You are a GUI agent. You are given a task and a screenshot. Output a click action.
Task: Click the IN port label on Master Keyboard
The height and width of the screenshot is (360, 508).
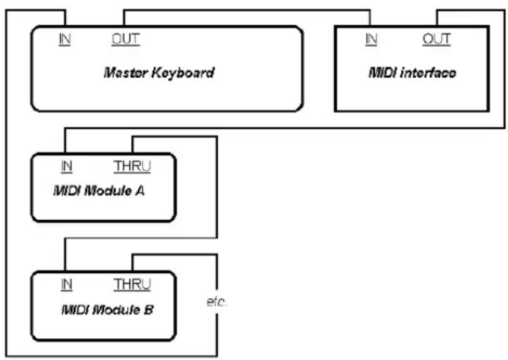[x=65, y=39]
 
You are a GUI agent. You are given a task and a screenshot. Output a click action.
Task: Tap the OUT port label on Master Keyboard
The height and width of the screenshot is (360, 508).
[x=126, y=39]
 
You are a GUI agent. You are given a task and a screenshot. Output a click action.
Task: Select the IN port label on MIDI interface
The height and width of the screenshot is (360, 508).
[x=371, y=39]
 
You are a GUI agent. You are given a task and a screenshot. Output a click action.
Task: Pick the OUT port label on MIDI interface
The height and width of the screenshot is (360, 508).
[x=436, y=39]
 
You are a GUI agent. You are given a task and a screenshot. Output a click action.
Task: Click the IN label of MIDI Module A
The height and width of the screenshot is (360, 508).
[x=67, y=166]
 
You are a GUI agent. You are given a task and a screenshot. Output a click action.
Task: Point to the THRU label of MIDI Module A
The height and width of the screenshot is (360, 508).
[x=132, y=166]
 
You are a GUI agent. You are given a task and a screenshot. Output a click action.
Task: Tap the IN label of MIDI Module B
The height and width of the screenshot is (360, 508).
[x=67, y=285]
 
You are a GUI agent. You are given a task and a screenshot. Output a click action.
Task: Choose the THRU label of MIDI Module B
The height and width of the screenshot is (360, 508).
[x=132, y=285]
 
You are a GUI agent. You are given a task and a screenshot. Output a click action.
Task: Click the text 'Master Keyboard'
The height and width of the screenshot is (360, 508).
[x=159, y=73]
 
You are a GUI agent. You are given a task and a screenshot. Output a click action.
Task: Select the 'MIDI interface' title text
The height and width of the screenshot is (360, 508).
[x=412, y=72]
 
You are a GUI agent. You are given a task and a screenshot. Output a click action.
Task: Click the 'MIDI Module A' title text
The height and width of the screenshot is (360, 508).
[x=99, y=191]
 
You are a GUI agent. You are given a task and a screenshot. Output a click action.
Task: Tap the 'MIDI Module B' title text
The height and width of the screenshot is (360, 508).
[x=107, y=310]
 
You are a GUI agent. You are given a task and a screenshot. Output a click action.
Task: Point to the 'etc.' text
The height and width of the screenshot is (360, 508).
[x=217, y=302]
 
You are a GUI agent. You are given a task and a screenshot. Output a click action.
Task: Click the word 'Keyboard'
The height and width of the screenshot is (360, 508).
[x=183, y=73]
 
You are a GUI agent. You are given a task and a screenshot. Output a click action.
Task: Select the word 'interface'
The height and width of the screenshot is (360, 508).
[x=428, y=72]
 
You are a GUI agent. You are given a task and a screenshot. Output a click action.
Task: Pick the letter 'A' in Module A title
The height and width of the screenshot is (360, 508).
[x=140, y=191]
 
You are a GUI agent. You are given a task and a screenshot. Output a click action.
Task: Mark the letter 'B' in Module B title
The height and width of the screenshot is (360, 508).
[x=148, y=310]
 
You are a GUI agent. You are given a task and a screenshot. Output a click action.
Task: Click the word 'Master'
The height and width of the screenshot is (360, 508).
[x=126, y=73]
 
